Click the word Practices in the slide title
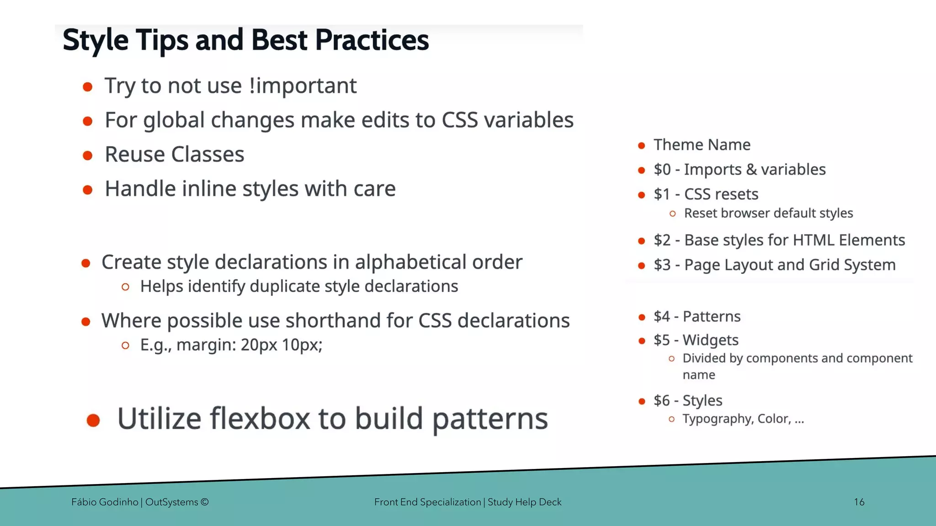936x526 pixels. point(372,40)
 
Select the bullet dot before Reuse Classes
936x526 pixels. point(88,155)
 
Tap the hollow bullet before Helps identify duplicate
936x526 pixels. point(126,287)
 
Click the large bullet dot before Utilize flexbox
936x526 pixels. point(93,420)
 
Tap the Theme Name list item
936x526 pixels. point(702,145)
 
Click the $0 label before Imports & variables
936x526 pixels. point(662,169)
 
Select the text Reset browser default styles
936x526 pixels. point(768,213)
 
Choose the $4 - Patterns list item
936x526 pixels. point(697,316)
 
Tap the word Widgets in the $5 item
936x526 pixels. point(710,340)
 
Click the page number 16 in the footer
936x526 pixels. point(859,502)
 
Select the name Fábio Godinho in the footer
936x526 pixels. point(105,502)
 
